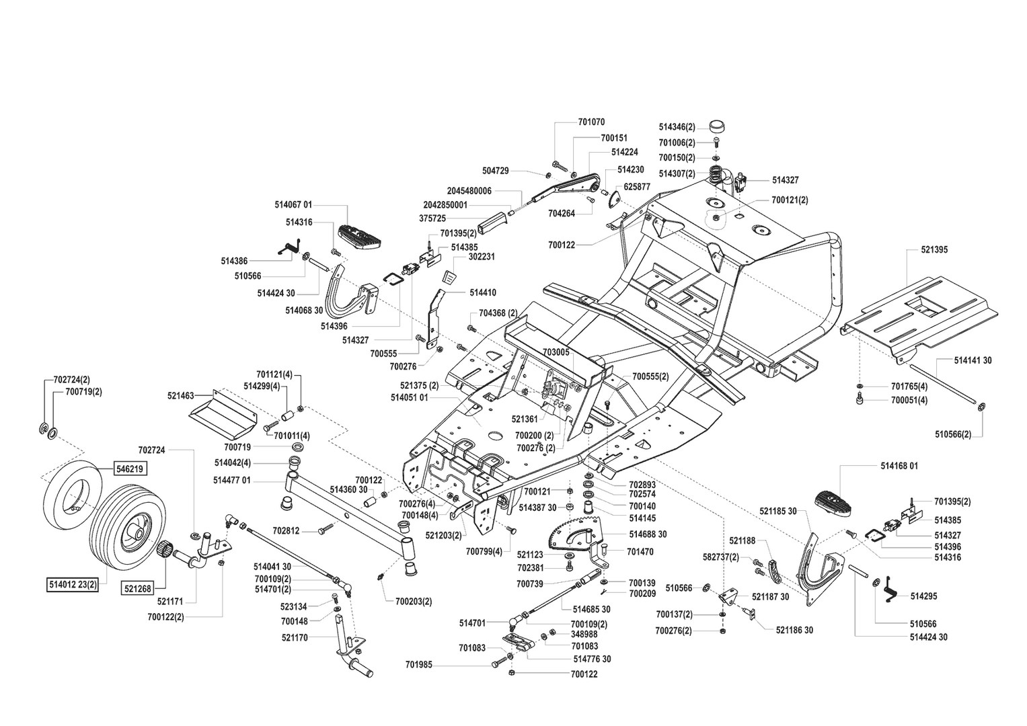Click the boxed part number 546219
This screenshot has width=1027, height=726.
pyautogui.click(x=130, y=469)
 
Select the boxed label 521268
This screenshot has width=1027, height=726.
pyautogui.click(x=138, y=588)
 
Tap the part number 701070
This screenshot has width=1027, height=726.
pyautogui.click(x=591, y=122)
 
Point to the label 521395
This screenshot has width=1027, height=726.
pyautogui.click(x=934, y=250)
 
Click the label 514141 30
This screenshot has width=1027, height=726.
pyautogui.click(x=973, y=361)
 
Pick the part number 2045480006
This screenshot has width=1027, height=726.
pyautogui.click(x=469, y=191)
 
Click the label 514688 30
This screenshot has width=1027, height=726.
pyautogui.click(x=648, y=534)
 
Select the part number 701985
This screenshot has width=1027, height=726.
pyautogui.click(x=418, y=665)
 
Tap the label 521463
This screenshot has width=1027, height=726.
pyautogui.click(x=181, y=395)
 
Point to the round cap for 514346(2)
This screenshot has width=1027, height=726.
pyautogui.click(x=718, y=126)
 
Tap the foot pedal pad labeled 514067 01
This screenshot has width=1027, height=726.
pyautogui.click(x=360, y=237)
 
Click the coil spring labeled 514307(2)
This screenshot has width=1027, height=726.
pyautogui.click(x=716, y=175)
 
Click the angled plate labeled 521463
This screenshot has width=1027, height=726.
pyautogui.click(x=223, y=414)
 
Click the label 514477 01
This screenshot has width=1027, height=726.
pyautogui.click(x=232, y=481)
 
